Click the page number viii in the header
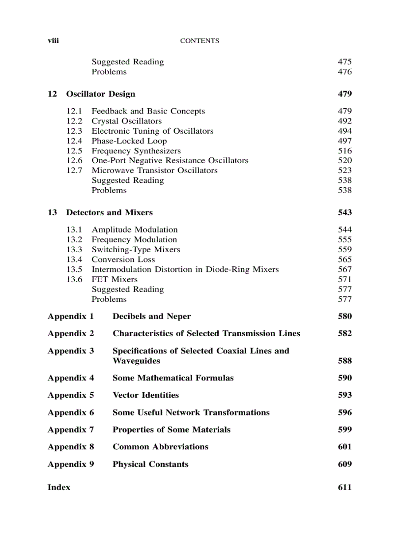click(53, 41)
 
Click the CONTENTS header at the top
click(200, 41)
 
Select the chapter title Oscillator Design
click(101, 94)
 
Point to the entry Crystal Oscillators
click(126, 121)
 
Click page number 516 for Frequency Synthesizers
click(344, 151)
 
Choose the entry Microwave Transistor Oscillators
click(154, 171)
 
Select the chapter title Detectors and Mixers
click(109, 212)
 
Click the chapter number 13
click(52, 212)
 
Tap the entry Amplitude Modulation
click(135, 230)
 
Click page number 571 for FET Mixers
click(344, 279)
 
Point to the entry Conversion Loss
click(123, 260)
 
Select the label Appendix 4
click(71, 378)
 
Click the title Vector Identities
click(145, 395)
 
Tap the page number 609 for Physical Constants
click(344, 464)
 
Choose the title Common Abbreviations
click(160, 447)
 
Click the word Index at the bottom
click(59, 487)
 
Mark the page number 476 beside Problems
click(344, 72)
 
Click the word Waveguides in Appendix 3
click(136, 361)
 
